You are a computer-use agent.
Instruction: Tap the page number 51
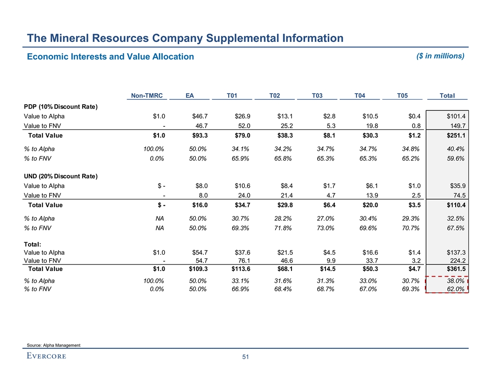point(245,357)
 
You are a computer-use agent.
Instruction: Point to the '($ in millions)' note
point(439,56)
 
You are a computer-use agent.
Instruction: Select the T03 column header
point(317,96)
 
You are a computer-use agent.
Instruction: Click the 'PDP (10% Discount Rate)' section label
point(60,107)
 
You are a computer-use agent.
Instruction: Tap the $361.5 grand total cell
point(454,269)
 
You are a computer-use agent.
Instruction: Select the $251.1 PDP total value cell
point(454,136)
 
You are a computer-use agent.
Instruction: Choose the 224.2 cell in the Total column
point(458,260)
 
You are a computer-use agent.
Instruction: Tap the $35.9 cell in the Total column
point(456,185)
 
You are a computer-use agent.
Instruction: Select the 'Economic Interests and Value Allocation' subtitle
point(110,56)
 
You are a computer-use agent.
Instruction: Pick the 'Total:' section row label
point(33,244)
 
